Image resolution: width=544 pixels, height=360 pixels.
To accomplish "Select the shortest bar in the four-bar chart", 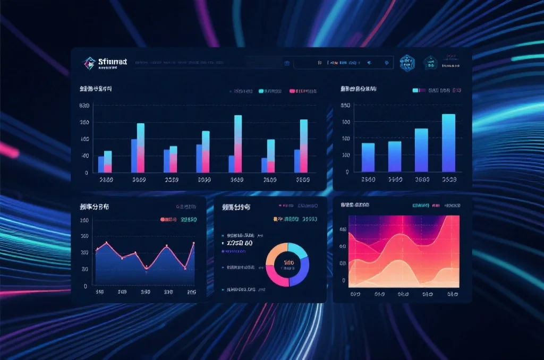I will [368, 157].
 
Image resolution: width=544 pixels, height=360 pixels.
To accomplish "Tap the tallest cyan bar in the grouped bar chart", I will [238, 130].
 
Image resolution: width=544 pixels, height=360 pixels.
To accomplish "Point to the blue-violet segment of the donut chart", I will [300, 273].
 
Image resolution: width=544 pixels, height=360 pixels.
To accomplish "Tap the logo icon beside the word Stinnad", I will [89, 63].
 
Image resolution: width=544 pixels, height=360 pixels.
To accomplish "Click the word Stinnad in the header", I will [113, 62].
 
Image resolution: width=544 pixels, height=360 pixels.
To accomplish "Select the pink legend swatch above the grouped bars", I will [292, 91].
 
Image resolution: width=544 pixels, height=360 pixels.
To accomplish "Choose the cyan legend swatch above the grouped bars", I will [261, 91].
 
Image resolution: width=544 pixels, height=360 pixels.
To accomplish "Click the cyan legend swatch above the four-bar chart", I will [415, 91].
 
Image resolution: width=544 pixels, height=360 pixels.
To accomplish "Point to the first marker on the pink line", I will [97, 249].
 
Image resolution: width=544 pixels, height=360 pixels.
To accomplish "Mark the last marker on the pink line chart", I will [193, 243].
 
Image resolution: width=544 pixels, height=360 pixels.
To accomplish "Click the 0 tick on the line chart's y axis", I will [85, 286].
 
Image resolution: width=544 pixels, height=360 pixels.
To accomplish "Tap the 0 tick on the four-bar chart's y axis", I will [347, 172].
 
